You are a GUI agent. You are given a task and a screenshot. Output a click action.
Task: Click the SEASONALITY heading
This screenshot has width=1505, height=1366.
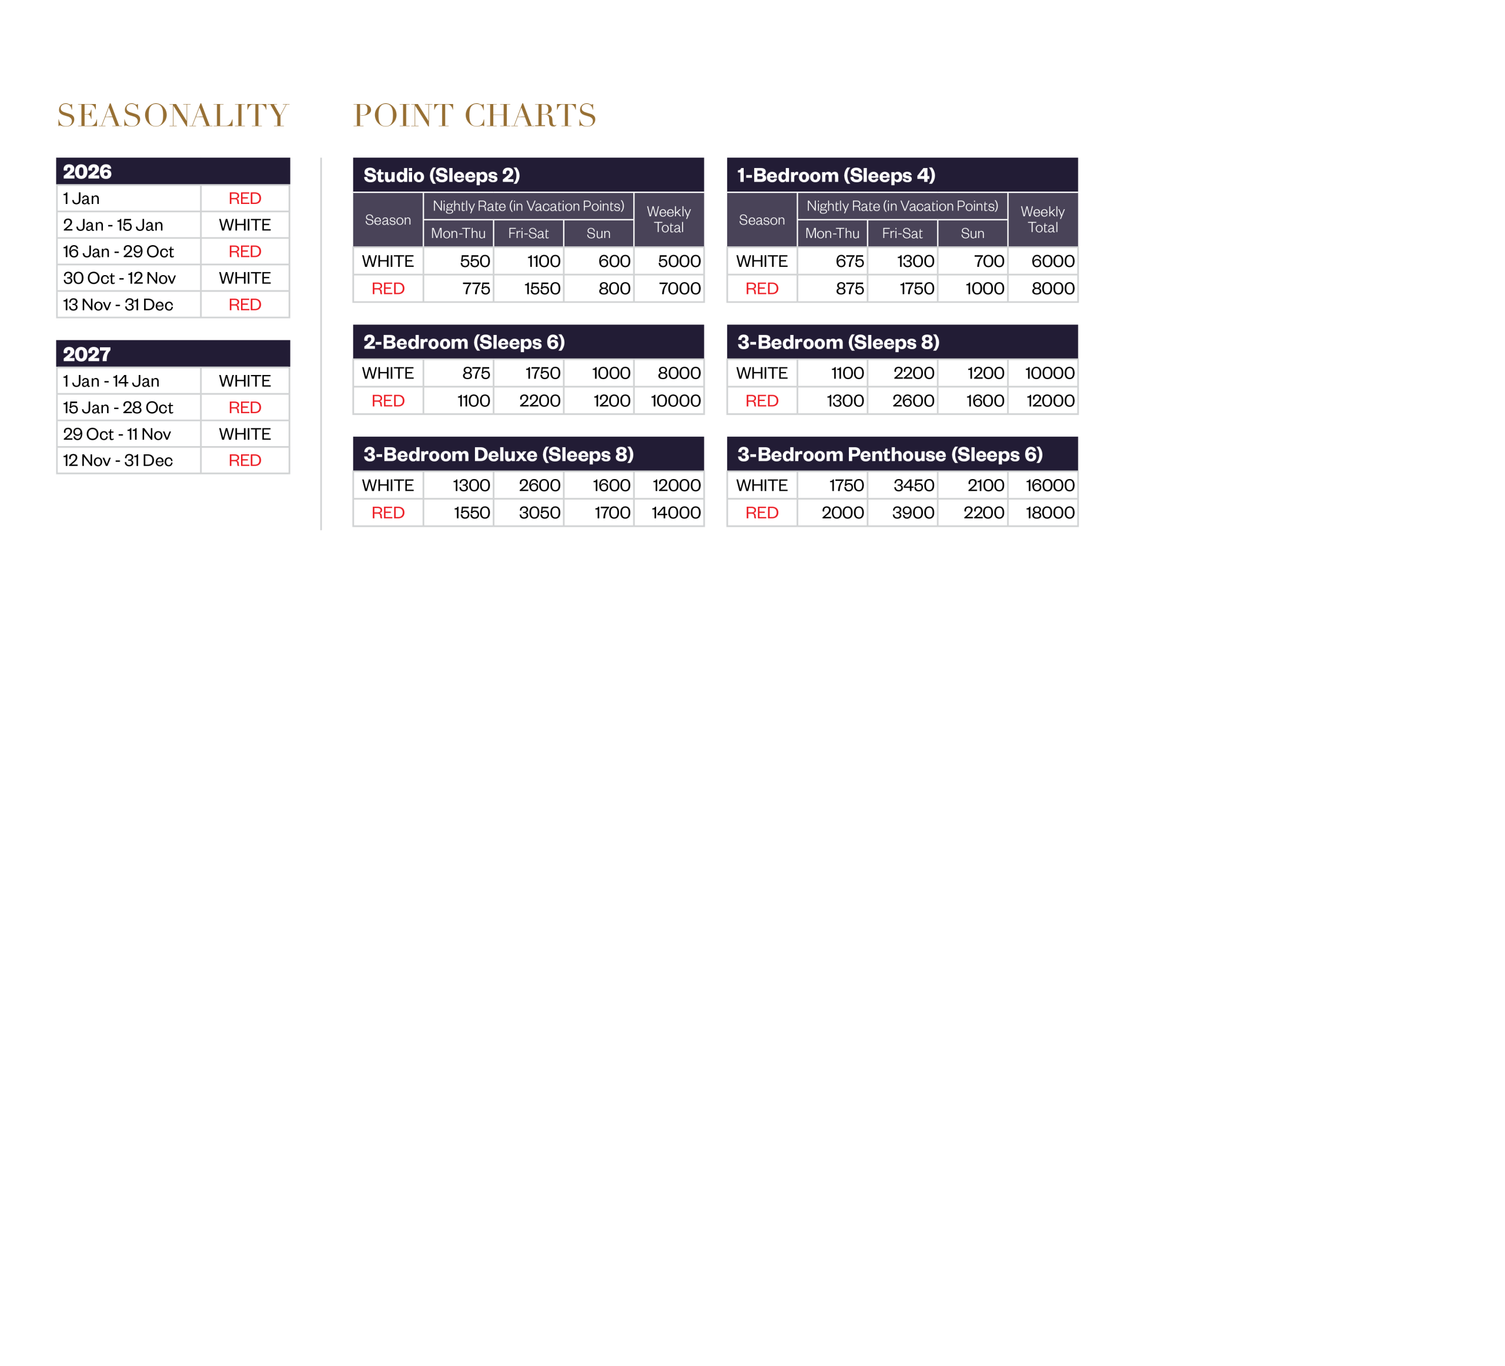click(x=172, y=116)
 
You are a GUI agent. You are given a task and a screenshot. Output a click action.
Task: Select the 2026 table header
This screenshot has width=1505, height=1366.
click(x=88, y=172)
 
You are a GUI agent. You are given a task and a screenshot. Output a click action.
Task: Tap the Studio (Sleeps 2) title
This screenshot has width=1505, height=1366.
click(x=441, y=175)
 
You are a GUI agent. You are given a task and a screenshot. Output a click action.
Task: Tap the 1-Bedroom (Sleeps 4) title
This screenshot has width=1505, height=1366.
click(x=836, y=175)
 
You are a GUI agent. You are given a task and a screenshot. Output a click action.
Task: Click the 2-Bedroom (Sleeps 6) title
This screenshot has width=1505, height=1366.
click(x=464, y=342)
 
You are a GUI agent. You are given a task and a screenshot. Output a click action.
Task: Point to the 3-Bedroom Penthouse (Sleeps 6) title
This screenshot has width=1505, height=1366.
click(x=890, y=454)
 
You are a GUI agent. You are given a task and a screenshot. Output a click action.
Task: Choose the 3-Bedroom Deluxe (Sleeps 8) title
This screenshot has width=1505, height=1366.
click(x=498, y=454)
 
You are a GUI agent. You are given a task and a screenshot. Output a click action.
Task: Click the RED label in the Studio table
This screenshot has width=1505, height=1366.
click(x=388, y=289)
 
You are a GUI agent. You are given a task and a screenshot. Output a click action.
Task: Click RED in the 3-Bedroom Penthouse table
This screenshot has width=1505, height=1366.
click(x=762, y=513)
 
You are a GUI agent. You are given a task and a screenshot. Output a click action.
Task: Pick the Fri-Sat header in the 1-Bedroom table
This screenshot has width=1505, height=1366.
click(x=902, y=233)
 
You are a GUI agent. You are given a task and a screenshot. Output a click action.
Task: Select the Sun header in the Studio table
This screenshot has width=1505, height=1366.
click(x=598, y=233)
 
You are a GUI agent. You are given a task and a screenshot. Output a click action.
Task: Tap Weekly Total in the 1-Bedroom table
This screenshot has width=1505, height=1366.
click(x=1042, y=219)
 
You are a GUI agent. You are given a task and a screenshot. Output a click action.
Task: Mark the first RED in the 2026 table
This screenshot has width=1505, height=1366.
click(x=245, y=199)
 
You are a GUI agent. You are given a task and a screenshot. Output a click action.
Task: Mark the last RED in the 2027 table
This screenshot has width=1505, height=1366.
click(x=245, y=461)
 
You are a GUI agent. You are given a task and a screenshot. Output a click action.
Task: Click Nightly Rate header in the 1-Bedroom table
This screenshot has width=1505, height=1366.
click(x=902, y=206)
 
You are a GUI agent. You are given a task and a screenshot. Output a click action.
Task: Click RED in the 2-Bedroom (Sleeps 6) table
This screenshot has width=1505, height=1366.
click(x=388, y=401)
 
